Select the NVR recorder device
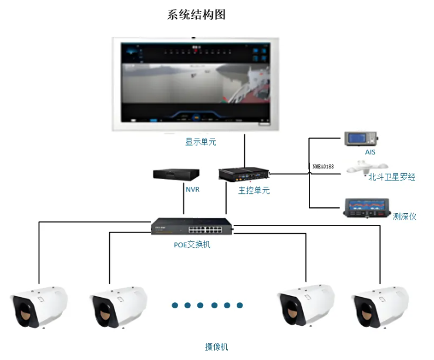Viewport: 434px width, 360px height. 176,174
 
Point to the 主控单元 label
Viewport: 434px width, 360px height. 254,191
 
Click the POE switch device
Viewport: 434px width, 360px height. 191,226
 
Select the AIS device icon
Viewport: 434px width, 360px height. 361,139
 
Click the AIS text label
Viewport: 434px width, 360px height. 369,152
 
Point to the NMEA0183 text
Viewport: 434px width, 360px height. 323,167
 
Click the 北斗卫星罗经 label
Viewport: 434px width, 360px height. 391,177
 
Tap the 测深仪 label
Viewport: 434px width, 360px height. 404,216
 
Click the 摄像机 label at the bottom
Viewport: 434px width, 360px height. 216,346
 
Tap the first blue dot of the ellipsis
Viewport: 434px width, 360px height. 175,305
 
